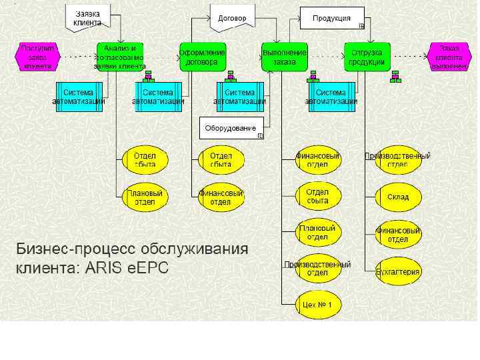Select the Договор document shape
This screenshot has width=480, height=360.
pyautogui.click(x=233, y=18)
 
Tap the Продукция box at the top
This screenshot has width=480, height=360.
pyautogui.click(x=332, y=18)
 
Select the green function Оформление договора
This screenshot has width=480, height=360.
pyautogui.click(x=203, y=57)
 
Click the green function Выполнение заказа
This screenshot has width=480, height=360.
pyautogui.click(x=285, y=57)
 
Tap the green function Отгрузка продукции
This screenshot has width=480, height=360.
pyautogui.click(x=366, y=57)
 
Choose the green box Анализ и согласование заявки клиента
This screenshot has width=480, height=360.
pyautogui.click(x=120, y=57)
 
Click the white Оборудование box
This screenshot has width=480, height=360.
pyautogui.click(x=231, y=127)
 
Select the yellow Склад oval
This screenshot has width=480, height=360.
pyautogui.click(x=398, y=197)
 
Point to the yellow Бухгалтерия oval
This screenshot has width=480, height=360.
pyautogui.click(x=398, y=271)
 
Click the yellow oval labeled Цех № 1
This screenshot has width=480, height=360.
pyautogui.click(x=318, y=305)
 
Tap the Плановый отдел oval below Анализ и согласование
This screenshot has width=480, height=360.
pyautogui.click(x=145, y=198)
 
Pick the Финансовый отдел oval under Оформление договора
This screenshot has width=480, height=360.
pyautogui.click(x=221, y=198)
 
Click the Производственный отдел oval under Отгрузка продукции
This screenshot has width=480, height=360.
pyautogui.click(x=398, y=160)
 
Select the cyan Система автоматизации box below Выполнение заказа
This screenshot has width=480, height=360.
pyautogui.click(x=331, y=97)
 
